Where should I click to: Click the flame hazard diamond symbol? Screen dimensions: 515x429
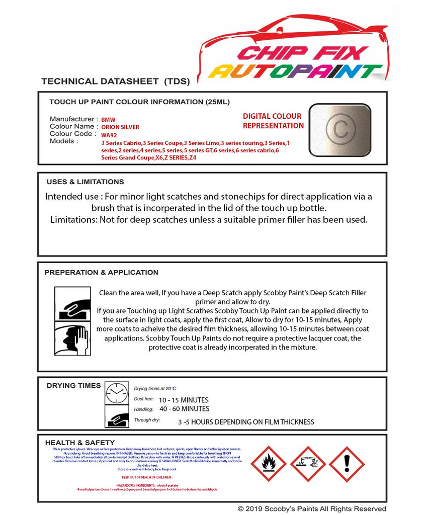[x=268, y=464]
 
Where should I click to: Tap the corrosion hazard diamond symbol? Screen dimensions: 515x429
[x=307, y=464]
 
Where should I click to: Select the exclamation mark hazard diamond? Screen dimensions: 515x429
[x=347, y=464]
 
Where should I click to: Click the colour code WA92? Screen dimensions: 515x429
[x=108, y=135]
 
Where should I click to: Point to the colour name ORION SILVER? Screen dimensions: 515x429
[x=120, y=127]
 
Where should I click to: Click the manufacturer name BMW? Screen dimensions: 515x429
[x=108, y=120]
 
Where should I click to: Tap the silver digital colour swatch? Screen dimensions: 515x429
[x=339, y=128]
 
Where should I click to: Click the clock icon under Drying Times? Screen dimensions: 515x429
[x=117, y=393]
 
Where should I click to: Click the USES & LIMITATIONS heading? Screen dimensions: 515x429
[x=85, y=182]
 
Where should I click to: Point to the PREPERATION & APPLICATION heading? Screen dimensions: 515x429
[x=101, y=272]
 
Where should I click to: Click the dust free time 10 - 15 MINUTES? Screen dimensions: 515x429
[x=184, y=400]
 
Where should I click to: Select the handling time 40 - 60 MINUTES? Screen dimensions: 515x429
[x=184, y=409]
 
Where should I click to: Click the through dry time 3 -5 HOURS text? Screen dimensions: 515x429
[x=246, y=422]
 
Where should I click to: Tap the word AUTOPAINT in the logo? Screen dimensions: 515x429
[x=295, y=71]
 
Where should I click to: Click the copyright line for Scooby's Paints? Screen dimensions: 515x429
[x=312, y=508]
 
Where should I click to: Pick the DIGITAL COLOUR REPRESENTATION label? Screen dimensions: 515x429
[x=273, y=121]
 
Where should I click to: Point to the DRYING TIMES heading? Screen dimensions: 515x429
[x=73, y=386]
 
